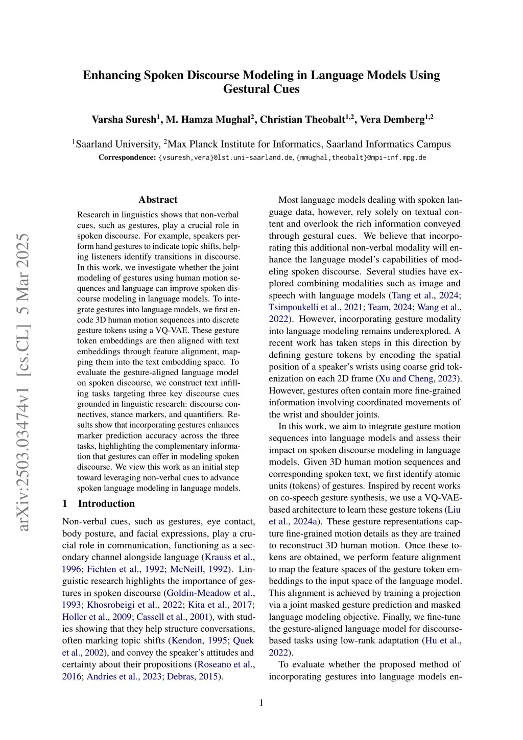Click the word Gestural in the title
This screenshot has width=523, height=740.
point(242,89)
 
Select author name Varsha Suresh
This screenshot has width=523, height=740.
point(124,120)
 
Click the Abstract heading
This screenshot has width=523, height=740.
point(158,200)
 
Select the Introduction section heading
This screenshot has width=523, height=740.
point(106,503)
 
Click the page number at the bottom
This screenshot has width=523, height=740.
point(261,703)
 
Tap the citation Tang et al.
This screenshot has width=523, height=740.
point(413,295)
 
